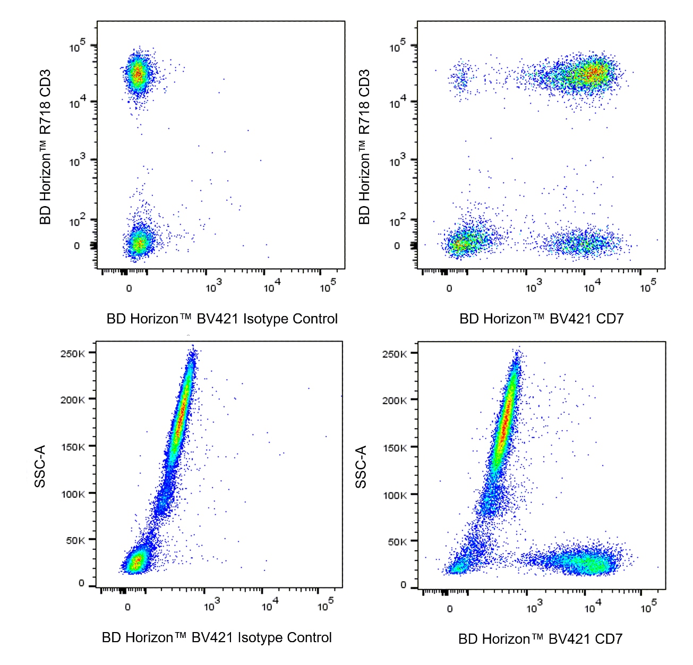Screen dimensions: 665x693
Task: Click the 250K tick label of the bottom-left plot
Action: [72, 354]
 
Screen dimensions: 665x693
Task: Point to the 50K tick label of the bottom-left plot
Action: [75, 541]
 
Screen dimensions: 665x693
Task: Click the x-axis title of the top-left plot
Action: [222, 319]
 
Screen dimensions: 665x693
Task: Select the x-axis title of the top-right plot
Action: [541, 319]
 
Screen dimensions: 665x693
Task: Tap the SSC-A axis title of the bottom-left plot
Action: [40, 466]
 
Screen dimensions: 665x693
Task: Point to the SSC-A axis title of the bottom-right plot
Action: [361, 467]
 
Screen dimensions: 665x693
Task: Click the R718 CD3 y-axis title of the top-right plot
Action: [364, 147]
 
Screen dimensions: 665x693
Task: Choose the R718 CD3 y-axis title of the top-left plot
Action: [45, 147]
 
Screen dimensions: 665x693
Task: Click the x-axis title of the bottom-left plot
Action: [217, 637]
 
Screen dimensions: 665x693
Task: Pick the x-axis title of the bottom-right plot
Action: [540, 638]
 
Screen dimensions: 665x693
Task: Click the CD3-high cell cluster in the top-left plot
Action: [138, 74]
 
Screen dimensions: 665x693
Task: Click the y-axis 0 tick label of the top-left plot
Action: [77, 246]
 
